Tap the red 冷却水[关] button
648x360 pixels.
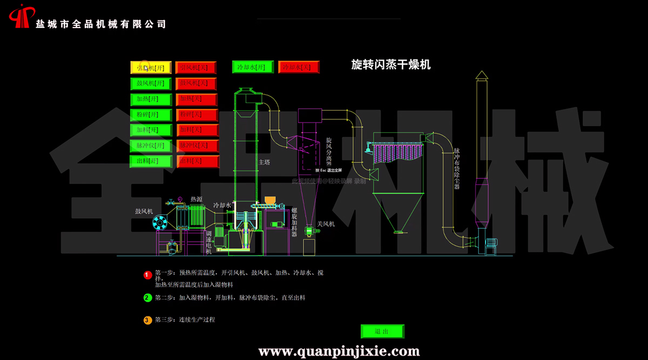299,67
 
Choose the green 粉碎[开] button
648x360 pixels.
151,114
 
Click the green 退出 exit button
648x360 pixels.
382,331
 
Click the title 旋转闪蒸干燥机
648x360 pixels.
391,65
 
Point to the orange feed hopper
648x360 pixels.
271,200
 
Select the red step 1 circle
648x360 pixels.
147,275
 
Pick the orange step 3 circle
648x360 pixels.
147,320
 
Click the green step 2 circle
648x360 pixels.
147,297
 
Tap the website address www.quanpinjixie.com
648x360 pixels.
339,351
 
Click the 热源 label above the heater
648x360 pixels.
196,199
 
